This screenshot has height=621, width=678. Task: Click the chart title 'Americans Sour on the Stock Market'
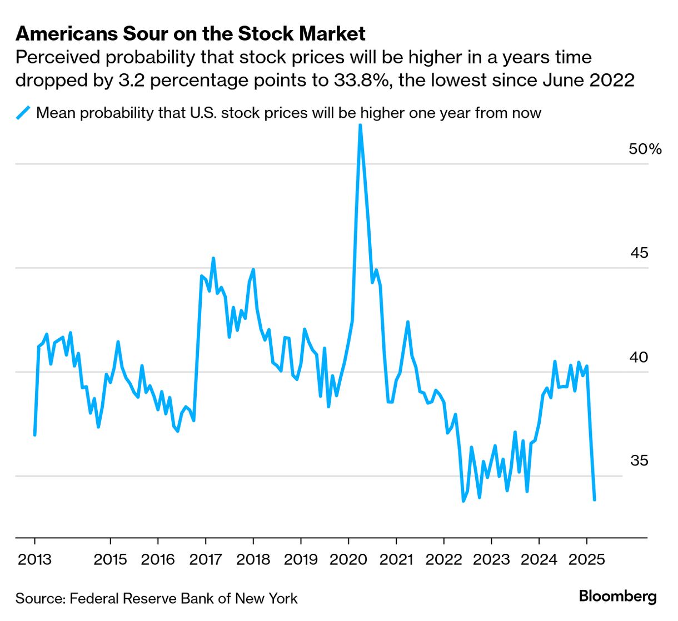click(x=190, y=34)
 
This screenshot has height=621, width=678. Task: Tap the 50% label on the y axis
click(x=645, y=149)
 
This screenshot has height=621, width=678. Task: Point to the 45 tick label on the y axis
click(x=639, y=253)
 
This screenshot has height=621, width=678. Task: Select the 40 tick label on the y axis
click(x=639, y=357)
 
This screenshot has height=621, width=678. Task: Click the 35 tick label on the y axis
click(x=639, y=460)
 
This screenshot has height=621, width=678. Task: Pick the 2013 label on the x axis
click(x=34, y=559)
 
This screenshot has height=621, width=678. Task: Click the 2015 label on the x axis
click(x=110, y=559)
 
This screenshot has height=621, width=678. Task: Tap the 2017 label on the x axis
click(x=206, y=559)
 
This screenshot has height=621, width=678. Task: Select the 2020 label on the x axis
click(x=348, y=559)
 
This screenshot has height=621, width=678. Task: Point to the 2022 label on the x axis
click(x=443, y=559)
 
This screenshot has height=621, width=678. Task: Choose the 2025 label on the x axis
click(x=587, y=559)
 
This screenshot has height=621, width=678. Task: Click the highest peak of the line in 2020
click(x=360, y=126)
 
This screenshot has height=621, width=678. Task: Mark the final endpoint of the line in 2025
click(x=595, y=499)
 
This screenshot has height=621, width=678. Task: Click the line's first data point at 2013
click(x=34, y=434)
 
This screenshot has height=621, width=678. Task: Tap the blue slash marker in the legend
click(x=23, y=113)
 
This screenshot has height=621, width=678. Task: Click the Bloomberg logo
click(x=617, y=597)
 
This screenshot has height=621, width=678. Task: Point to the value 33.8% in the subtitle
click(x=363, y=80)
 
